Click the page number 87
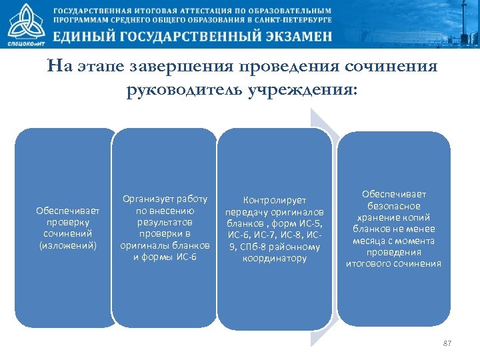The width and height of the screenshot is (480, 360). click(x=447, y=343)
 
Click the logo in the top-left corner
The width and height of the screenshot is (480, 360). click(x=25, y=25)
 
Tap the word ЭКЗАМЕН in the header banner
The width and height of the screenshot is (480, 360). click(x=291, y=37)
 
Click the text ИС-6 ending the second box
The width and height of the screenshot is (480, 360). click(x=184, y=257)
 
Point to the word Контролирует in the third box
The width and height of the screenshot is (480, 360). click(x=275, y=199)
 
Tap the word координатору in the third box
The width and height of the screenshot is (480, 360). click(x=275, y=258)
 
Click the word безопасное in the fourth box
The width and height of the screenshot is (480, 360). click(x=393, y=205)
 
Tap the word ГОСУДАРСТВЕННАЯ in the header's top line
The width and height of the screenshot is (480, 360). click(x=98, y=11)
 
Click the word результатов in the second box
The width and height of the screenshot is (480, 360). click(x=165, y=222)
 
